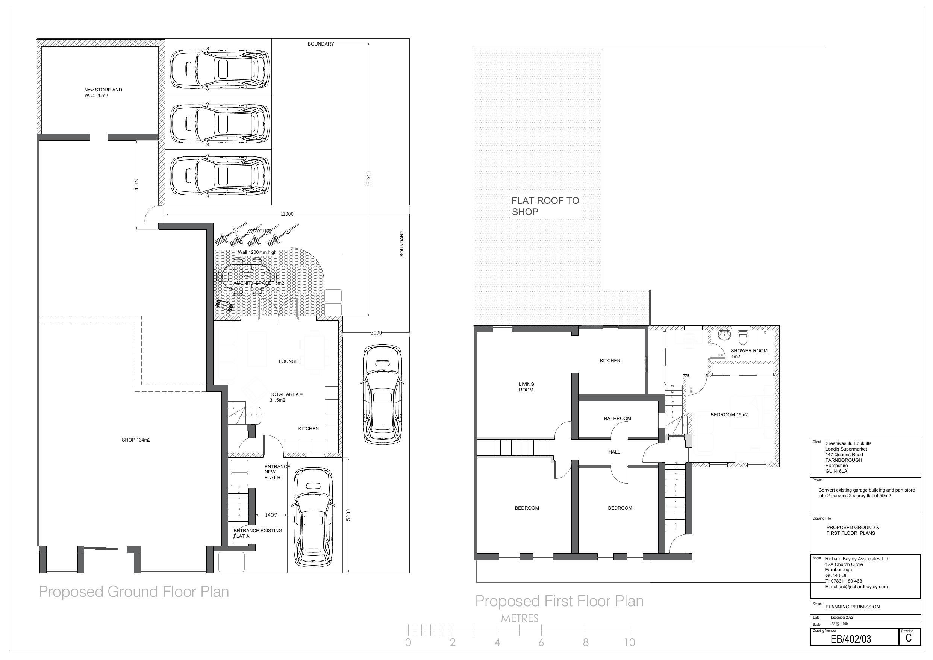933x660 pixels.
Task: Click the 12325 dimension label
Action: (x=368, y=179)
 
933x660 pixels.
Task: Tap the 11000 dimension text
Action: (x=287, y=214)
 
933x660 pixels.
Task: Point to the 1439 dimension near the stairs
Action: (x=271, y=515)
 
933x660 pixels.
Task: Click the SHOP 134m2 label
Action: (x=136, y=440)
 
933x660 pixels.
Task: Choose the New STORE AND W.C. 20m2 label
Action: (x=103, y=93)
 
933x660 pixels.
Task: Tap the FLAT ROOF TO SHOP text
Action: (x=545, y=206)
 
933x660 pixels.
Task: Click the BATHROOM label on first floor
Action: (x=617, y=419)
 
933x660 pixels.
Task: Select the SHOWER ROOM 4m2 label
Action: (x=749, y=354)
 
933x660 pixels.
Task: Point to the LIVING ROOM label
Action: (x=526, y=387)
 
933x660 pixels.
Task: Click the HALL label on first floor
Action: (x=614, y=452)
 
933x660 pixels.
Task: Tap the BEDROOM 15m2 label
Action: (x=729, y=415)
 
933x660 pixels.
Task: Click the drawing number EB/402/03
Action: (x=851, y=639)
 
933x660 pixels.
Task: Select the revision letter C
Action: (x=909, y=638)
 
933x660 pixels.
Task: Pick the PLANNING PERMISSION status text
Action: (x=853, y=607)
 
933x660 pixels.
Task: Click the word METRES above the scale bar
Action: (x=520, y=619)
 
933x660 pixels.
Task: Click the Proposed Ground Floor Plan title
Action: (x=134, y=592)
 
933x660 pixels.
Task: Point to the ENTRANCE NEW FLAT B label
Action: (x=277, y=472)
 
